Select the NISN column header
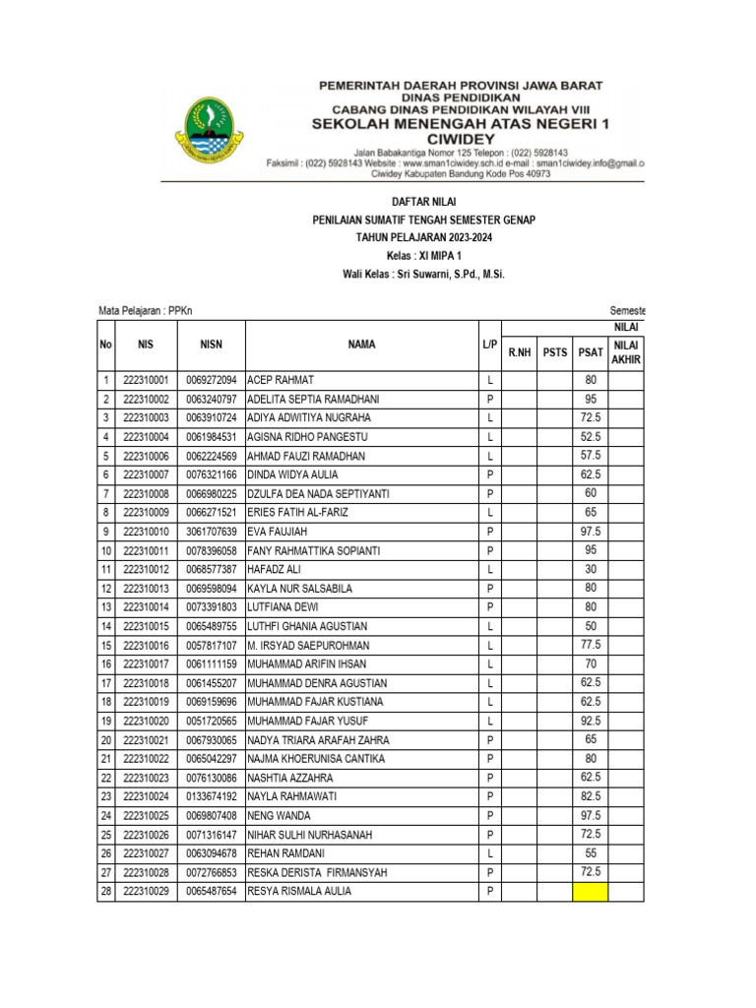[211, 345]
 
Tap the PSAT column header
[591, 352]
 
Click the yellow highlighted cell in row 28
[591, 892]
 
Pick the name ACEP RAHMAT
[280, 380]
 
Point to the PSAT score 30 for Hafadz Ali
[591, 570]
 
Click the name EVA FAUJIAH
[279, 532]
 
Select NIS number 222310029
[147, 892]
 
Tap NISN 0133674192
[211, 797]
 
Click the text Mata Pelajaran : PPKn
[146, 310]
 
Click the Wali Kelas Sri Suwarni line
[423, 275]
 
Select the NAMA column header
[360, 345]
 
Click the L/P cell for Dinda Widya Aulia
[489, 474]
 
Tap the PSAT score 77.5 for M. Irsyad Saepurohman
[591, 646]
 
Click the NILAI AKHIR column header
[626, 352]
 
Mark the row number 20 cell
[105, 740]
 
